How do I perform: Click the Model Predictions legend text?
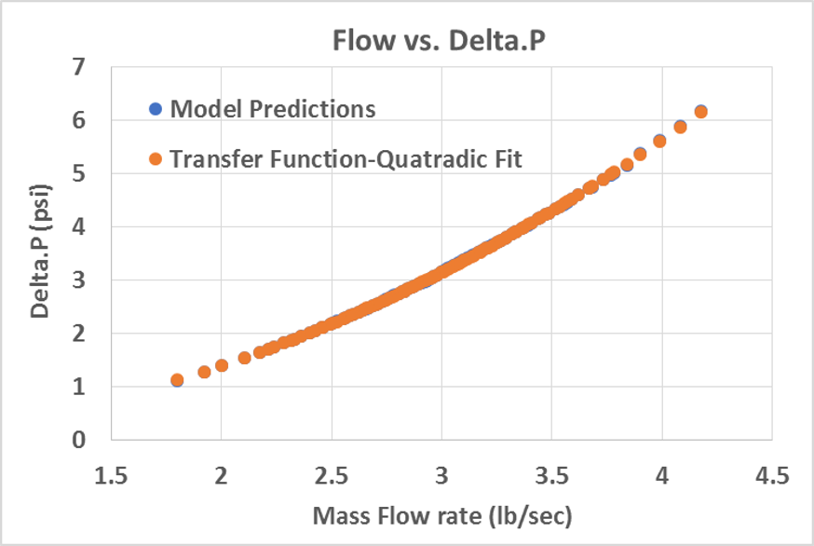click(272, 109)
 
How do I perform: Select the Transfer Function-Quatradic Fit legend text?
click(346, 159)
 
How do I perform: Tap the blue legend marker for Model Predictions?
click(156, 109)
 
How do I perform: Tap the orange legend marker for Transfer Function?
click(156, 159)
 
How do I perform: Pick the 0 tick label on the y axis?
click(79, 440)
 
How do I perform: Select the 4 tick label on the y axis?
click(79, 226)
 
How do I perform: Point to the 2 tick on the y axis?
click(79, 334)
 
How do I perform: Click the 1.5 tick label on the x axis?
click(111, 476)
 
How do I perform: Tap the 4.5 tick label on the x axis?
click(771, 476)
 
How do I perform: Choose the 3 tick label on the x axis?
click(441, 476)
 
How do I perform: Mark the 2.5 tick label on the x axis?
click(332, 476)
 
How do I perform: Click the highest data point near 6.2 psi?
click(701, 112)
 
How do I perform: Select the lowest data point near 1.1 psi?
click(177, 380)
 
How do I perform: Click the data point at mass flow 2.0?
click(222, 365)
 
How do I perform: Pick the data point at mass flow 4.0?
click(659, 141)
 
